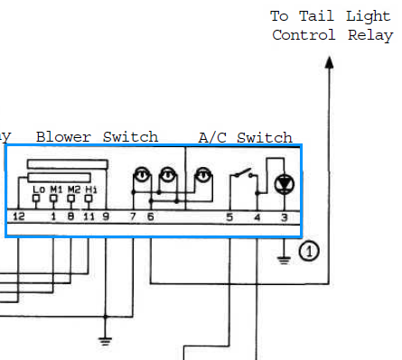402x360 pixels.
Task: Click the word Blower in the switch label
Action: coord(63,137)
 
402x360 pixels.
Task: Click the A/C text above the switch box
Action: coord(212,138)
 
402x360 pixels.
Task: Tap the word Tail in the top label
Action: coord(316,16)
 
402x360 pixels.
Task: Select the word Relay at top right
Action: coord(370,35)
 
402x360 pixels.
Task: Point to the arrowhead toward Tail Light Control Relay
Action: coord(330,62)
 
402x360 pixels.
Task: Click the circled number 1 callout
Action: coord(309,251)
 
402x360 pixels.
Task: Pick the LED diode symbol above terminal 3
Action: coord(285,183)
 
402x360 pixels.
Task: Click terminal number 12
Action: coord(19,217)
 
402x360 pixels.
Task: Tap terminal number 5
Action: coord(229,217)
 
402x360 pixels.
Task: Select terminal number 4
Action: coord(257,217)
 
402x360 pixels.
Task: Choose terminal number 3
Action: coord(285,217)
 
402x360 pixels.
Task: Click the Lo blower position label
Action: coord(39,189)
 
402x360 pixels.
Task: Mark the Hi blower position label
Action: coord(91,189)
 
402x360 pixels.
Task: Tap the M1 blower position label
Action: coord(56,189)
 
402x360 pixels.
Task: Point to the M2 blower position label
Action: coord(74,189)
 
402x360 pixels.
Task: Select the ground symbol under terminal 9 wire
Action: coord(105,341)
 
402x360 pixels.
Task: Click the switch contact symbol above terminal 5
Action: coord(244,173)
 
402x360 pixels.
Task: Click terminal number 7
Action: coord(133,217)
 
